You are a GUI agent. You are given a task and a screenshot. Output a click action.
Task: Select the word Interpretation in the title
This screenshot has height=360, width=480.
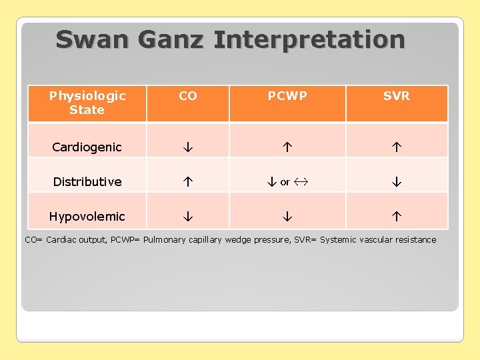[x=309, y=40]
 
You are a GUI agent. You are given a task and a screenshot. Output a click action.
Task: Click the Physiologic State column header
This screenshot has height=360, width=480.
[x=87, y=103]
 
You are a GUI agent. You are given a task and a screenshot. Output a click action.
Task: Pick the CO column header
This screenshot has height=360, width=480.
[x=188, y=96]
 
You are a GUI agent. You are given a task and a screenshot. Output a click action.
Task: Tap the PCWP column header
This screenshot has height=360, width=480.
[x=287, y=96]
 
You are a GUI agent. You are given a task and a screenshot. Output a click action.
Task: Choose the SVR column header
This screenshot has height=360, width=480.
[x=397, y=96]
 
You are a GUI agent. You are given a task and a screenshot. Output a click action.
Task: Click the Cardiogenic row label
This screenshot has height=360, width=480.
[x=87, y=147]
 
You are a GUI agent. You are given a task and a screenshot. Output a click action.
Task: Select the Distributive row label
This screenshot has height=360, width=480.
[x=87, y=182]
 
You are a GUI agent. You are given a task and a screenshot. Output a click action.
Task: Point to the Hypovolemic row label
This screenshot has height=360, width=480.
[x=87, y=217]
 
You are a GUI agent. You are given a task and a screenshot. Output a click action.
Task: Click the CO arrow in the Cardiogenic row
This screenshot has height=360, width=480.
[x=188, y=147]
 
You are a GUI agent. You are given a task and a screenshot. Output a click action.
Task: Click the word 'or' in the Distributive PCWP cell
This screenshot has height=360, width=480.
[x=285, y=182]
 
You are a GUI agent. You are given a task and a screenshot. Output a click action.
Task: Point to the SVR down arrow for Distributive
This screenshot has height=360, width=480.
[x=397, y=182]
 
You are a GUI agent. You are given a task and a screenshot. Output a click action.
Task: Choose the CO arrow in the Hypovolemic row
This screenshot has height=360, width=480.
[x=188, y=217]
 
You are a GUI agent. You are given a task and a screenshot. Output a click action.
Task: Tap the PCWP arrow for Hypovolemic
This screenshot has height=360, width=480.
[x=287, y=217]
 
